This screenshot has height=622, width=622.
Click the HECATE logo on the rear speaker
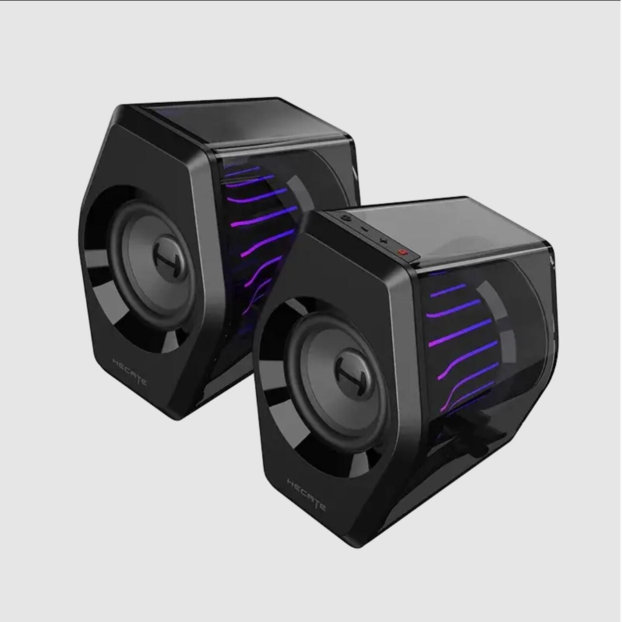click(130, 373)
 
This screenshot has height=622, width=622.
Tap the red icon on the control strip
click(402, 253)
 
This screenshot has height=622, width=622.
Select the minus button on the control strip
click(365, 229)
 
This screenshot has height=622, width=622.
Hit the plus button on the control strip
click(383, 240)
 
